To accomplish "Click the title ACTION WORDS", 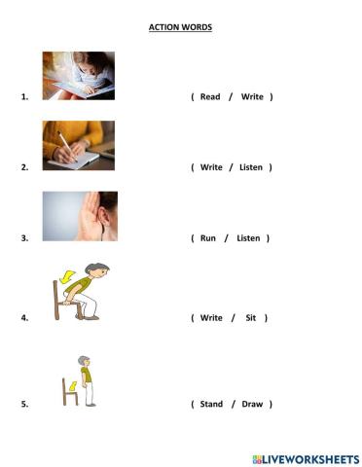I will click(x=180, y=27).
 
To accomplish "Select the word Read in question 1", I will click(x=210, y=97).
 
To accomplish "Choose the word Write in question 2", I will click(x=211, y=167).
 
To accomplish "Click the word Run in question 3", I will click(x=207, y=238).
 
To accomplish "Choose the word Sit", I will click(x=252, y=318).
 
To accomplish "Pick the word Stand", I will click(x=211, y=404).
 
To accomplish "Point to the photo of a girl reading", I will click(x=78, y=76).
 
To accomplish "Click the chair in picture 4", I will click(x=59, y=301).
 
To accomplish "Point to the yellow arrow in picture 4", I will click(x=66, y=278).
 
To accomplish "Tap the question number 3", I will click(x=23, y=238).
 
